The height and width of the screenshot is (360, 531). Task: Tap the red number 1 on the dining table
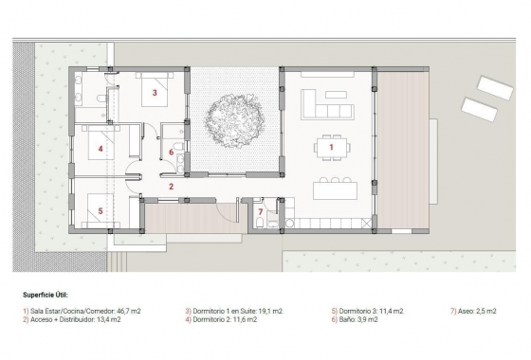click(331, 147)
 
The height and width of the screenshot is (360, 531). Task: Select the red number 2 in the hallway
click(171, 187)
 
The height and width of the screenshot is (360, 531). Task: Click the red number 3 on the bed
click(154, 93)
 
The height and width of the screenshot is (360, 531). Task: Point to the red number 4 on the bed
click(100, 149)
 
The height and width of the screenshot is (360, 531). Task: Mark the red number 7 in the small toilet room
click(261, 211)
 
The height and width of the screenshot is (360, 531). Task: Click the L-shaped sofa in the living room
click(325, 98)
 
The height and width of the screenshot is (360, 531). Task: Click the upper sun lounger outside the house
click(493, 87)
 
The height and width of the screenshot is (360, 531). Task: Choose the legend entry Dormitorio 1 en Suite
click(234, 311)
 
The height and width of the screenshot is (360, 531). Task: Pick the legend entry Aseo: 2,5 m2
click(473, 311)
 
